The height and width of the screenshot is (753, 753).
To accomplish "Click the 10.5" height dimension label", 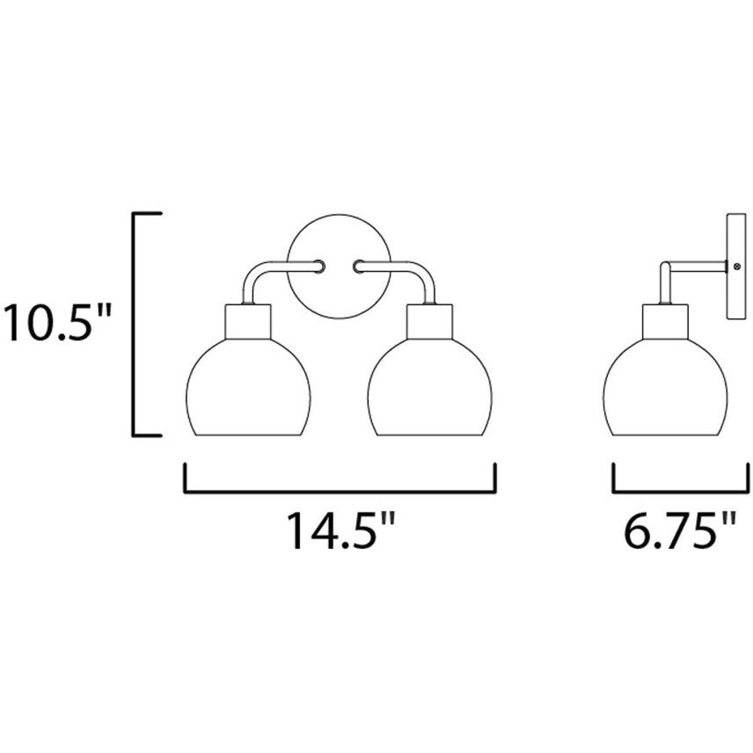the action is (58, 323).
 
